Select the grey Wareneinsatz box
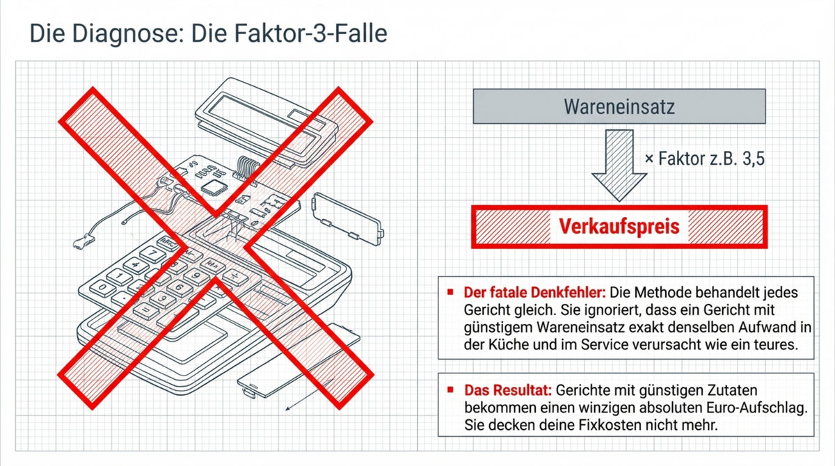click(x=619, y=106)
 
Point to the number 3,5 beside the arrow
click(x=750, y=159)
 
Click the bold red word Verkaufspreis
click(x=619, y=227)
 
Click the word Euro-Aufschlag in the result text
click(x=765, y=407)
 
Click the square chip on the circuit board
click(x=212, y=185)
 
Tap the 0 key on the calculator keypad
click(x=103, y=287)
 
